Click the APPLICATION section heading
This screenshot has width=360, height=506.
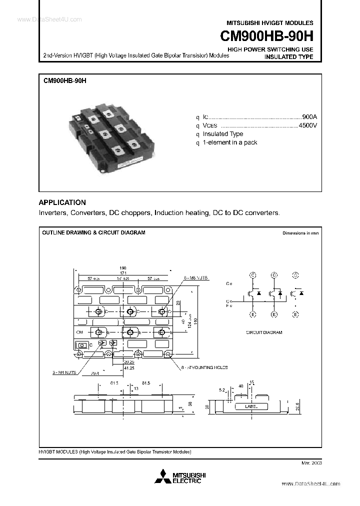coord(62,202)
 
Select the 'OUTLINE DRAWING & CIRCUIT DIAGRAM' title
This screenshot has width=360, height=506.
coord(93,232)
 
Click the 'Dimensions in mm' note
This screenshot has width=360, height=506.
coord(300,233)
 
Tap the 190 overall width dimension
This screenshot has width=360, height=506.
coord(123,267)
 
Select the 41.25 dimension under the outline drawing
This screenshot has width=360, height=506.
coord(129,368)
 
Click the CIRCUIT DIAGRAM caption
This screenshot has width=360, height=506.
coord(264,332)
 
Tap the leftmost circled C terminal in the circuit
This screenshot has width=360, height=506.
coord(253,275)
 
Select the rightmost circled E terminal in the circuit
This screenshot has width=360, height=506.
coord(295,314)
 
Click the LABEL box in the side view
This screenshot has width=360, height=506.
coord(251,406)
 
